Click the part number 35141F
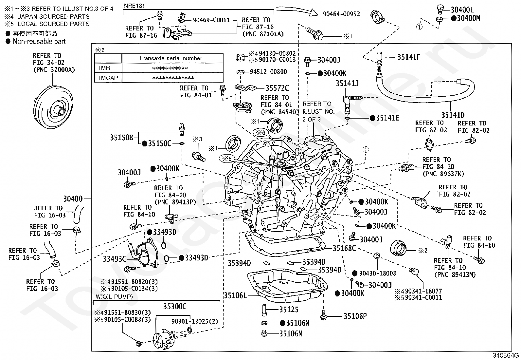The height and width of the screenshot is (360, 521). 409,57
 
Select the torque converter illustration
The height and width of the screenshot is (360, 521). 53,107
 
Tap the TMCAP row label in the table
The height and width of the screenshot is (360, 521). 108,78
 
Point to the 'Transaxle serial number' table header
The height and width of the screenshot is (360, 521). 171,58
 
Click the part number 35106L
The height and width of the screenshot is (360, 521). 235,295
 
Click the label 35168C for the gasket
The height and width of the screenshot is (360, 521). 344,248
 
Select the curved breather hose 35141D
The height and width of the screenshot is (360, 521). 426,91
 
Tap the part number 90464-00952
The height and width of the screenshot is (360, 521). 341,14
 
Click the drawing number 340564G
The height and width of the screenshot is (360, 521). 506,355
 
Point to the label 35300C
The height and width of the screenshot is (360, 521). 175,307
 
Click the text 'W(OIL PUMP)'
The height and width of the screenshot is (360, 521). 114,297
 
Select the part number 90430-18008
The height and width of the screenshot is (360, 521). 377,274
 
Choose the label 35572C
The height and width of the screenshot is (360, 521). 277,88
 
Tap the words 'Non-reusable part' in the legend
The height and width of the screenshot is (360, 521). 39,42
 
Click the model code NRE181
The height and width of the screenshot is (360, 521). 134,6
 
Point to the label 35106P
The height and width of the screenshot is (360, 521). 355,316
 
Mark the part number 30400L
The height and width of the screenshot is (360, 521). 462,9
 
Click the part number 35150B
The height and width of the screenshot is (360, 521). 122,138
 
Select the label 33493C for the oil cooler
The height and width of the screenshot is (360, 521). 115,259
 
